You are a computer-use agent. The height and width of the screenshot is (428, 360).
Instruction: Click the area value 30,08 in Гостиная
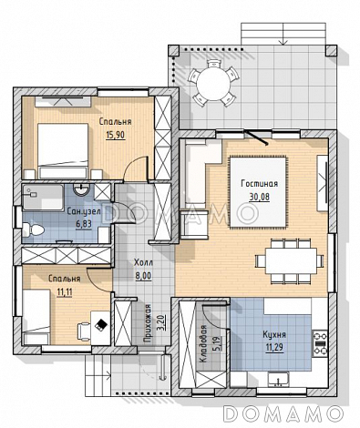259,198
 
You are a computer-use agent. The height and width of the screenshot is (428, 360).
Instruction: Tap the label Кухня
274,334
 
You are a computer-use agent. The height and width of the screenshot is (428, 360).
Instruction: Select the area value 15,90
116,135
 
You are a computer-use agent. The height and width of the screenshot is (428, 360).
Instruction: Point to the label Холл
143,262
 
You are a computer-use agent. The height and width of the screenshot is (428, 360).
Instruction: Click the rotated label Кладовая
202,344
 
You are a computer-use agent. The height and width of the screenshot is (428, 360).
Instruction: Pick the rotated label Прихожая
148,323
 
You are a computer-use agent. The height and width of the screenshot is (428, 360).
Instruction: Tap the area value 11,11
65,292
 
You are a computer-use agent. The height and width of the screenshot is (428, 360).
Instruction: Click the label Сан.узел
84,211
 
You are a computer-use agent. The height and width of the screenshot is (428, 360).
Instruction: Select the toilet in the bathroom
33,229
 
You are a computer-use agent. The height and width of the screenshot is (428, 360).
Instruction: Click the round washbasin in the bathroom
81,190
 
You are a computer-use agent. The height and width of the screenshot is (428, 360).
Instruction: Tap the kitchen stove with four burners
320,343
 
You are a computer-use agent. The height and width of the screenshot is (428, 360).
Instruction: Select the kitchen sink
279,380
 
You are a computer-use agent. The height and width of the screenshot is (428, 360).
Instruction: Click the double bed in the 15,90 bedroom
63,151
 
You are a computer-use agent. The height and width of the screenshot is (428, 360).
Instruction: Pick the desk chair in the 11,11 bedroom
84,331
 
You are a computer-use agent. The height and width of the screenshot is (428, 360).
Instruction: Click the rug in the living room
258,192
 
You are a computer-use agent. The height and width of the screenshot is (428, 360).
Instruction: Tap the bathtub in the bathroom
43,197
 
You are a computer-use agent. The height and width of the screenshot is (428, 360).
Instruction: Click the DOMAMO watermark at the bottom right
283,413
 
